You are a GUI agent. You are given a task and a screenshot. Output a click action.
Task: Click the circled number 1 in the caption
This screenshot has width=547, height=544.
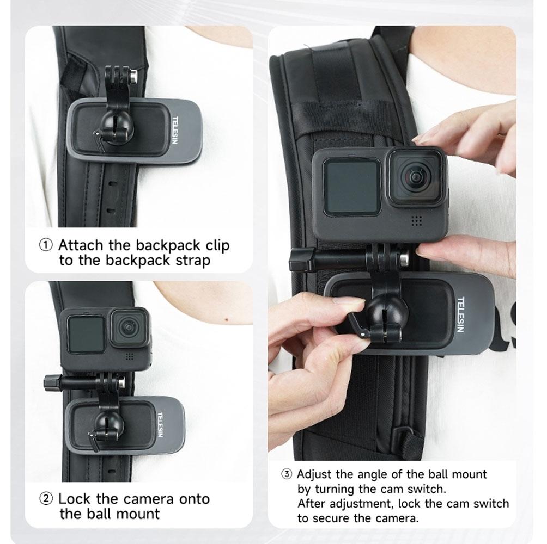click(x=46, y=245)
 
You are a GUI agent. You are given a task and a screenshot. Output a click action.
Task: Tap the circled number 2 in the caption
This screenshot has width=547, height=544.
click(x=46, y=499)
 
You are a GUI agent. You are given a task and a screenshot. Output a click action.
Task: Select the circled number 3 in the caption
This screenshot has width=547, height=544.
click(x=287, y=474)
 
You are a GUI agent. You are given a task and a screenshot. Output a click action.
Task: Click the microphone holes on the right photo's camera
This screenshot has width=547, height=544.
click(x=417, y=220)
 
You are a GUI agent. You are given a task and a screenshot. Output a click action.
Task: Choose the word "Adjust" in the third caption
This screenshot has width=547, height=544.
click(x=317, y=474)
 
